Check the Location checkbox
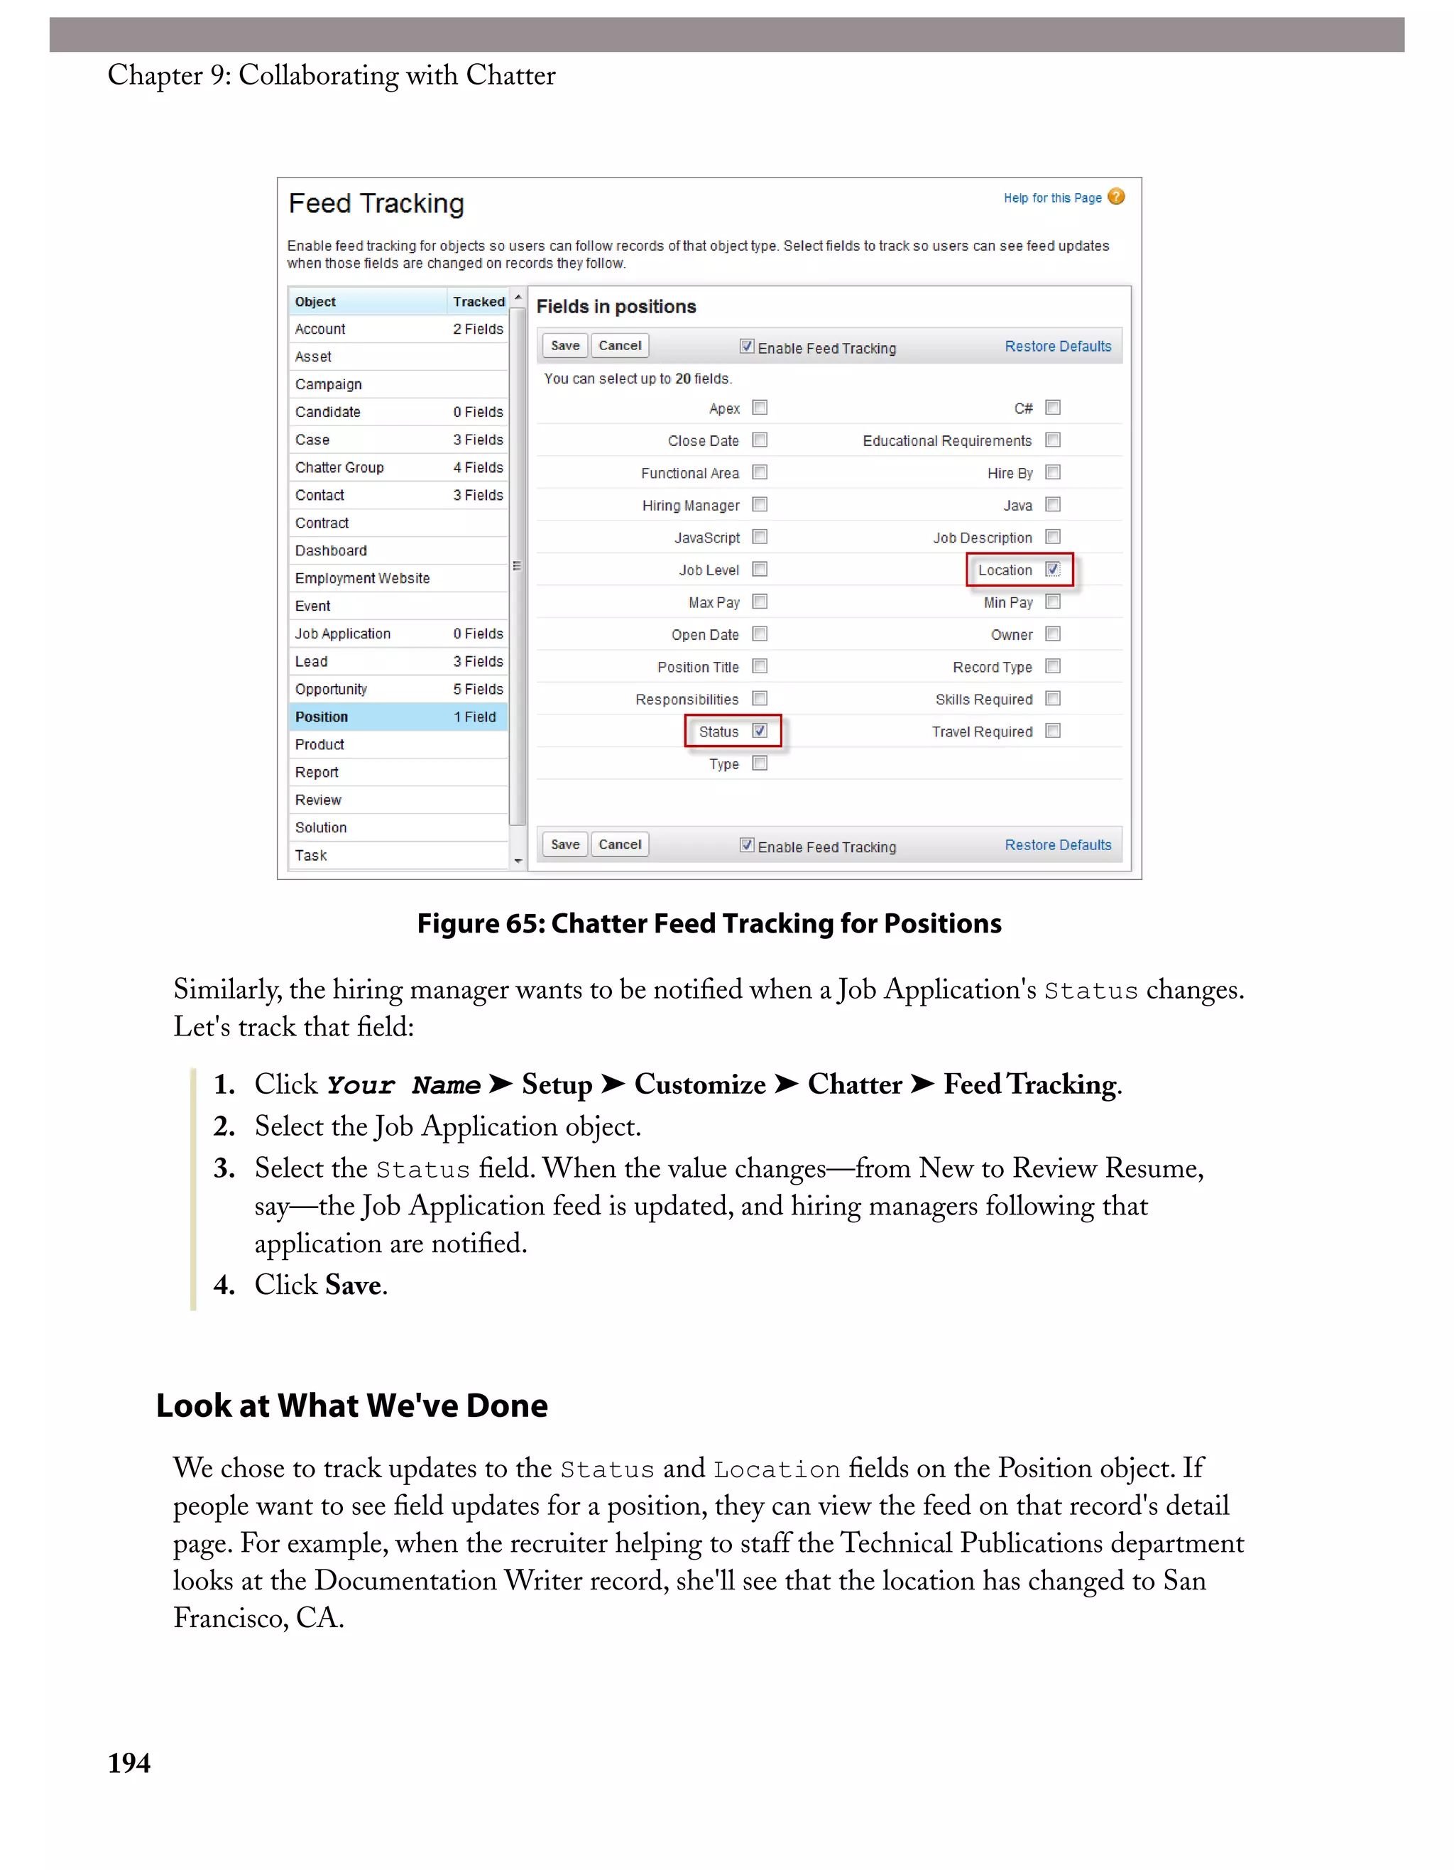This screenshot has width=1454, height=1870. click(1053, 570)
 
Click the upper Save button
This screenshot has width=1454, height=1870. click(565, 345)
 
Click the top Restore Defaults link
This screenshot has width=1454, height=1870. click(1058, 346)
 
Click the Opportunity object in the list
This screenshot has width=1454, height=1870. click(331, 689)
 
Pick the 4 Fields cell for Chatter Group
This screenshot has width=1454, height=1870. click(478, 467)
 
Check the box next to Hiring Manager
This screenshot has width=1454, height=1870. click(759, 504)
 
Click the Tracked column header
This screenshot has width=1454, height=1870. click(479, 301)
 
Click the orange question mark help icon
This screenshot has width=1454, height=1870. click(1116, 197)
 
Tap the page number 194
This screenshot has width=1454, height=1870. click(129, 1762)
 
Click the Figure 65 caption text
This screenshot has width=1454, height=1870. click(709, 923)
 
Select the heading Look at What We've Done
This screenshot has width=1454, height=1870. click(351, 1405)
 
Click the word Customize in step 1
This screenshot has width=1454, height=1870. click(699, 1084)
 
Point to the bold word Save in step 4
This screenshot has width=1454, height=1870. click(353, 1284)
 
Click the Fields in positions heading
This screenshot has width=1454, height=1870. click(616, 307)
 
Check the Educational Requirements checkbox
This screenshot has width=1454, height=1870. click(1053, 440)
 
